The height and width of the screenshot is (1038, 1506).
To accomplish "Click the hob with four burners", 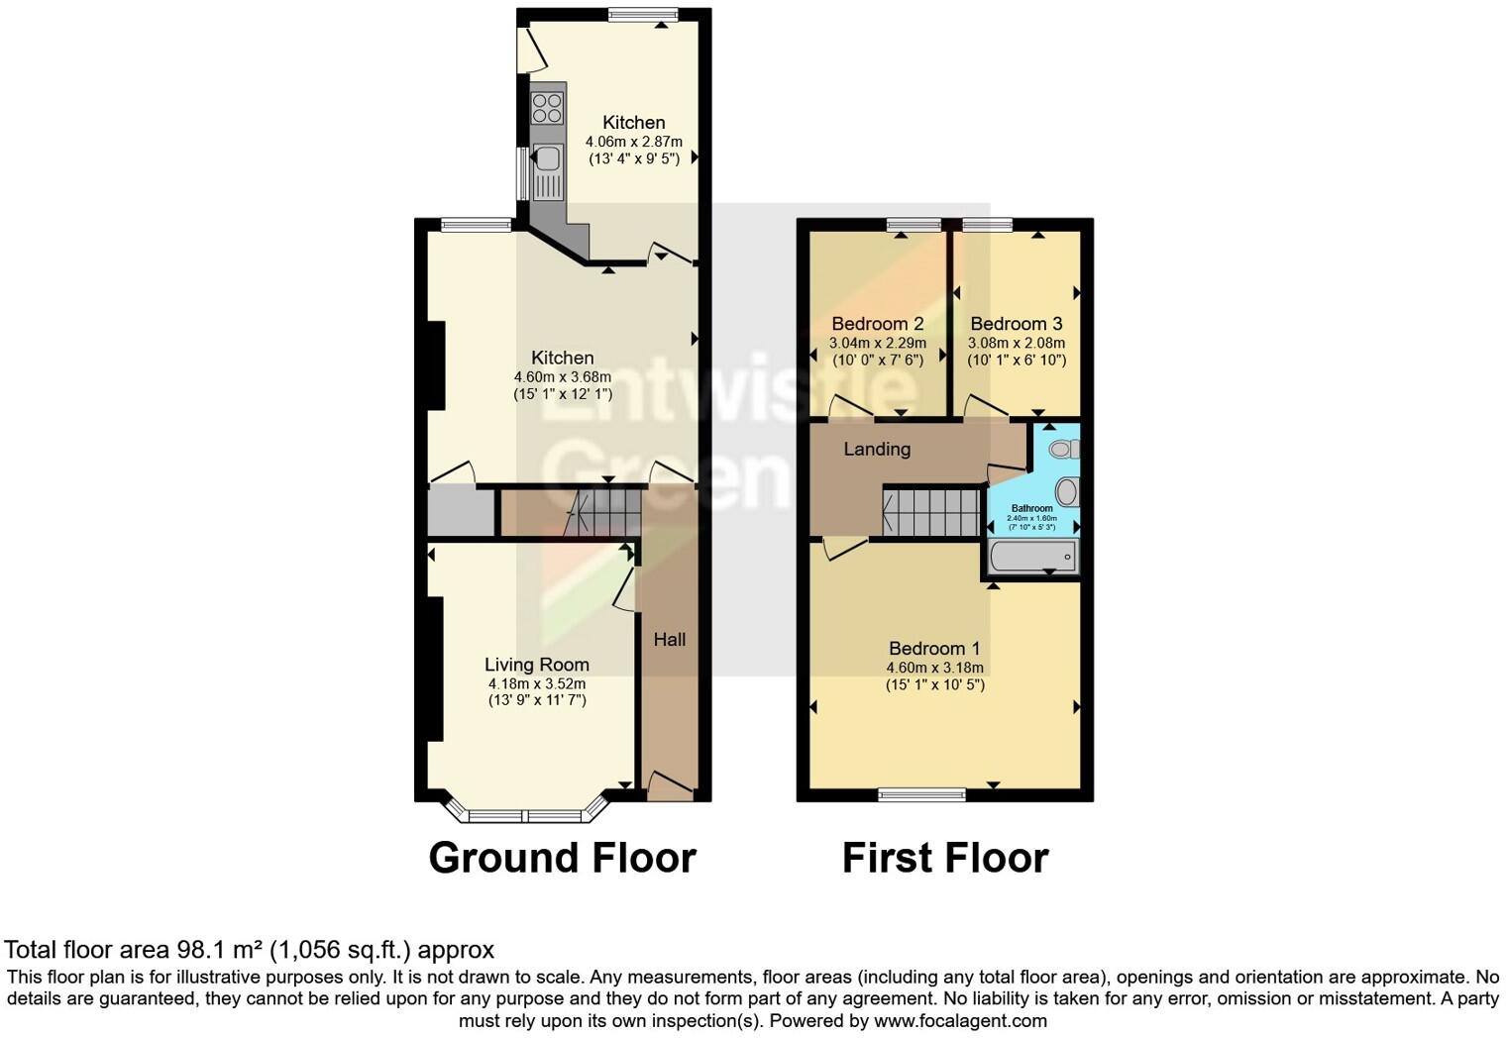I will [x=547, y=108].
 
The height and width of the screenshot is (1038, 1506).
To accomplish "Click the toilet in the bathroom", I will [x=1064, y=450].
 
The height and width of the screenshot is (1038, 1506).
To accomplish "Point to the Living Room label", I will [x=537, y=665].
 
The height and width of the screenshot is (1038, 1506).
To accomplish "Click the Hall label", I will [x=670, y=640].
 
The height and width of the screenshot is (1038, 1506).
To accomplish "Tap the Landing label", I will [x=877, y=449].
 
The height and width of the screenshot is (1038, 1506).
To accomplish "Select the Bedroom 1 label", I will [x=934, y=649].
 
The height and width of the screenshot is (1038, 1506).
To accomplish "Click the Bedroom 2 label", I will [x=878, y=324].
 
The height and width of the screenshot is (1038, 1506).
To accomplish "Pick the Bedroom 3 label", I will [x=1017, y=324].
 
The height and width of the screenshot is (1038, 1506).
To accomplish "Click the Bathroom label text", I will [x=1031, y=508].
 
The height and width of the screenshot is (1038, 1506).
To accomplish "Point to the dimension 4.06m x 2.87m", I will [x=634, y=142].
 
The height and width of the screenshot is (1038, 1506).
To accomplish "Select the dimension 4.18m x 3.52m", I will [x=537, y=683].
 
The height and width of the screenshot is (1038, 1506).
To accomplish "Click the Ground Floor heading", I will [x=562, y=858].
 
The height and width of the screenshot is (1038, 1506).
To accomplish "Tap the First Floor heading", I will [x=945, y=858].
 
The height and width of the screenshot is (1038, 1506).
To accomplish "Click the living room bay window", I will [x=526, y=815].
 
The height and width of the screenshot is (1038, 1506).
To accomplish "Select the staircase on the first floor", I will [x=932, y=512].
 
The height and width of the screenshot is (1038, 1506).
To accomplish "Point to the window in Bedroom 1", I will [x=921, y=793].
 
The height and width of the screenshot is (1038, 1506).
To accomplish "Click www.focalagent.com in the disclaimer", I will [x=960, y=1020].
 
